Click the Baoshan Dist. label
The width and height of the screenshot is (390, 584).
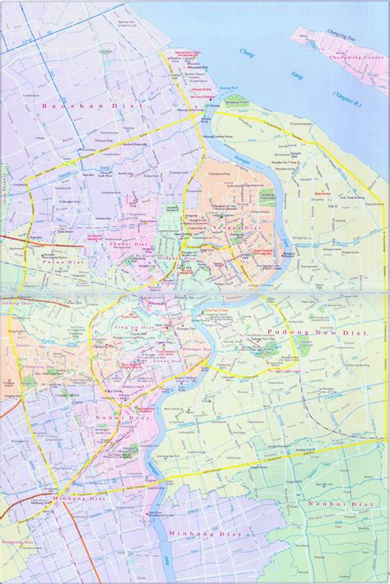pyautogui.click(x=81, y=106)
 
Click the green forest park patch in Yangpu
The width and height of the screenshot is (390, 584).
pyautogui.click(x=266, y=196)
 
